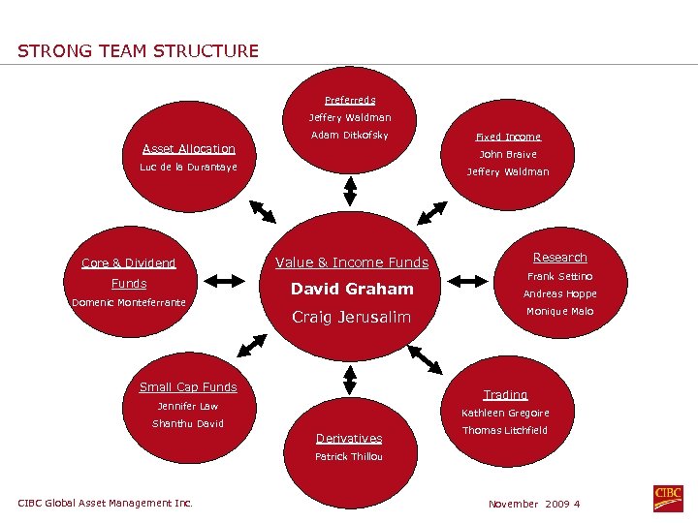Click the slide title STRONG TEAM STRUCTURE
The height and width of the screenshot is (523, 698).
pyautogui.click(x=138, y=50)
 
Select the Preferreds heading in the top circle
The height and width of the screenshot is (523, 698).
pyautogui.click(x=350, y=100)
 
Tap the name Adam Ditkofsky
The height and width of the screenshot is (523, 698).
pyautogui.click(x=350, y=135)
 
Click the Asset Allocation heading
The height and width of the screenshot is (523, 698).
pyautogui.click(x=189, y=148)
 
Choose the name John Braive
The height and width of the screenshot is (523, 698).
pyautogui.click(x=508, y=154)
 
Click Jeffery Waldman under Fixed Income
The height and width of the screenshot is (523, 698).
pyautogui.click(x=508, y=171)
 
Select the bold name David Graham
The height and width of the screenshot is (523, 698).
pyautogui.click(x=352, y=289)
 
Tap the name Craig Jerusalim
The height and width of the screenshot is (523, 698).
pyautogui.click(x=352, y=317)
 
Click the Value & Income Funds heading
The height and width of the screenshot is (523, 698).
pyautogui.click(x=352, y=262)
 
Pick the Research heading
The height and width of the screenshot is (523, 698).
pyautogui.click(x=559, y=258)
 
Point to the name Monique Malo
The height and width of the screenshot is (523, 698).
pyautogui.click(x=559, y=311)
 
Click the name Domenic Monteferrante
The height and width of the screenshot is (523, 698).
pyautogui.click(x=129, y=302)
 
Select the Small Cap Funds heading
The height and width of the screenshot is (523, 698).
pyautogui.click(x=188, y=387)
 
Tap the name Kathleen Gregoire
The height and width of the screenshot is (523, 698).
pyautogui.click(x=505, y=413)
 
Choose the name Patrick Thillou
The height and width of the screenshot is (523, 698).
pyautogui.click(x=349, y=456)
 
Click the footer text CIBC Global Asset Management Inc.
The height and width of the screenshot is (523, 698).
pyautogui.click(x=105, y=503)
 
